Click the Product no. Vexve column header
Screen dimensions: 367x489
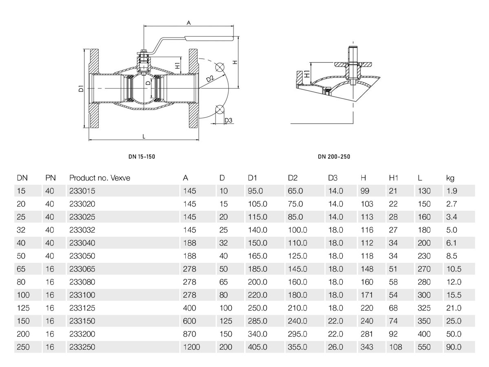tap(99, 178)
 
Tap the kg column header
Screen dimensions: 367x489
tap(450, 178)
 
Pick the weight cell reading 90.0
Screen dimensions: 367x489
tap(454, 347)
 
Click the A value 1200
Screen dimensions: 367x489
tap(192, 347)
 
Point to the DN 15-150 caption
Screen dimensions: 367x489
tap(141, 156)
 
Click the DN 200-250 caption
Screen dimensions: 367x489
tap(334, 157)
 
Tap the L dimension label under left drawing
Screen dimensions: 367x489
tap(144, 137)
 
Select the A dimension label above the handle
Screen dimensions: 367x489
tap(189, 23)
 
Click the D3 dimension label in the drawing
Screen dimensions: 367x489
tap(229, 120)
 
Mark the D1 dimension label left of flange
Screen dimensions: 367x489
tap(81, 88)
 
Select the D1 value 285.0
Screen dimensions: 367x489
tap(258, 321)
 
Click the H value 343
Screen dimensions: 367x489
tap(367, 347)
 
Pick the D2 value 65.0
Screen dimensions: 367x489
tap(295, 191)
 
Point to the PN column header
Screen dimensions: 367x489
tap(50, 178)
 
